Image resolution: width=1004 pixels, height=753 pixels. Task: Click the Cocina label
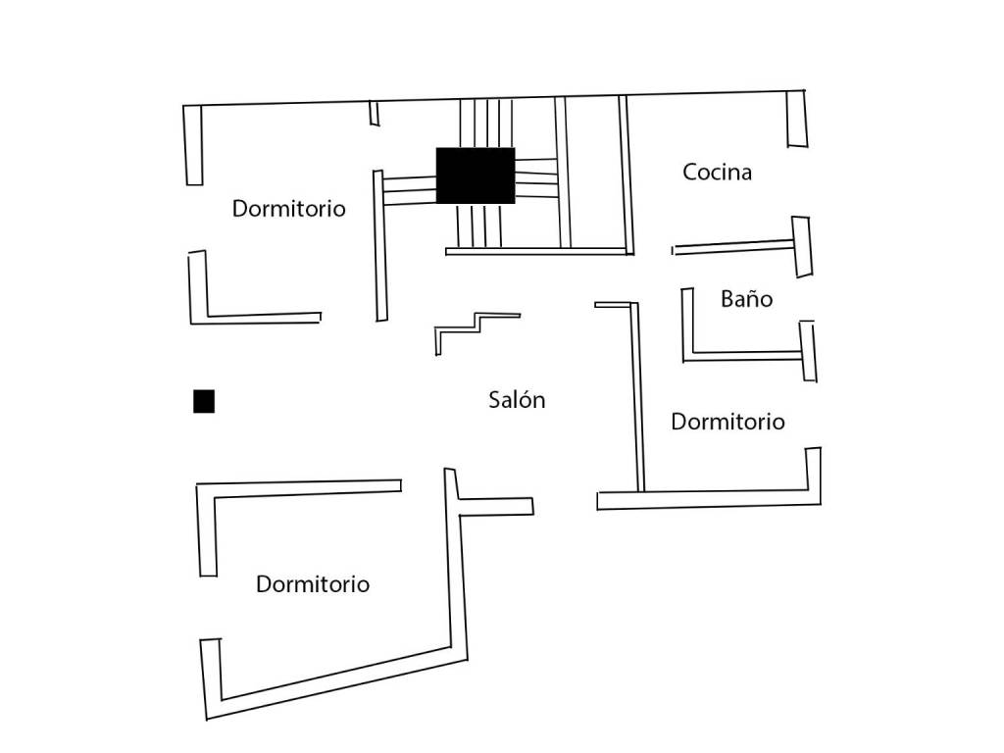(717, 172)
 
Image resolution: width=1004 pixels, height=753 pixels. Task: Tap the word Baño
(746, 298)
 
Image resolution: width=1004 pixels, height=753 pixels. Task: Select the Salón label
(517, 400)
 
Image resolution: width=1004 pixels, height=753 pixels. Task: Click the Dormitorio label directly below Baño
(728, 422)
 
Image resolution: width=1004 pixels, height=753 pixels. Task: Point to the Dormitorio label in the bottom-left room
(313, 584)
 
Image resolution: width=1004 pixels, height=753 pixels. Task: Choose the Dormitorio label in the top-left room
(289, 208)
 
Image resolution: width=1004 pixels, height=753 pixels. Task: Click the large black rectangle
(476, 176)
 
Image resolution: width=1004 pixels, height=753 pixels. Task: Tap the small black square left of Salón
(204, 401)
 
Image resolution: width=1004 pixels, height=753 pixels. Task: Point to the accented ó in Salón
(523, 400)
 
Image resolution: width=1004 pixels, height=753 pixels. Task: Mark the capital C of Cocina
(689, 172)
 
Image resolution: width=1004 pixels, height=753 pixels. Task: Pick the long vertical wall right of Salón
(637, 397)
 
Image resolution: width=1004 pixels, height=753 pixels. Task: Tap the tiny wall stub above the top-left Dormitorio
(374, 113)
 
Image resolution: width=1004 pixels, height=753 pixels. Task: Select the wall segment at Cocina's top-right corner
(796, 119)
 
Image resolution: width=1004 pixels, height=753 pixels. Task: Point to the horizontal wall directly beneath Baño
(743, 355)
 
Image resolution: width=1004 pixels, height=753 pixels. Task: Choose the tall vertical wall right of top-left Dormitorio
(380, 245)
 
